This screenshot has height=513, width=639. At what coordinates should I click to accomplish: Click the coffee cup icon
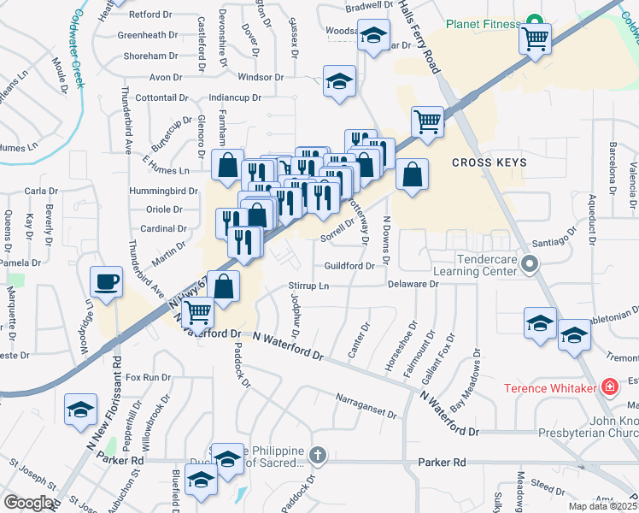point(107,281)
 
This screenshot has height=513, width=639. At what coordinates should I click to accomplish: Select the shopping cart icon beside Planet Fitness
point(535,38)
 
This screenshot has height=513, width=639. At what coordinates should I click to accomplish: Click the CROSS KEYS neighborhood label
point(489,162)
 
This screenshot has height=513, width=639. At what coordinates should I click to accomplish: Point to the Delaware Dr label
point(413,284)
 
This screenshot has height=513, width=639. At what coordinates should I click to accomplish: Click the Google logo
point(28,503)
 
